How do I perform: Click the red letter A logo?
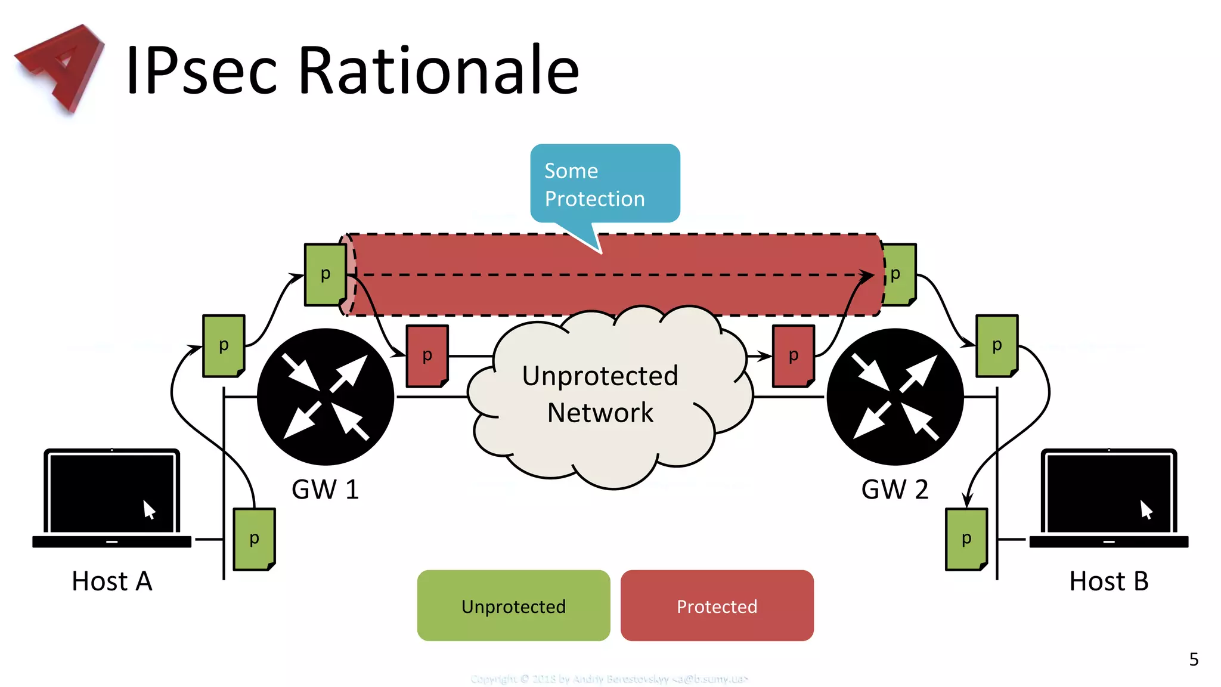click(60, 67)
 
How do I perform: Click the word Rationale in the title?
click(438, 70)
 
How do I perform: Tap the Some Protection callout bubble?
click(605, 184)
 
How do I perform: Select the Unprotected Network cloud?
click(602, 397)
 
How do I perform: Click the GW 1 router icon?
click(326, 397)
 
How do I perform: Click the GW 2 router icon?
click(895, 397)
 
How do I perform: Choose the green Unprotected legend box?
click(513, 605)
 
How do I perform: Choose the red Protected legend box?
click(717, 605)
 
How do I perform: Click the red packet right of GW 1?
click(427, 356)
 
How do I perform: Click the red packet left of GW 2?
click(793, 356)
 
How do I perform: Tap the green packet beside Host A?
click(254, 539)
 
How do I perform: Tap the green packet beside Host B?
click(966, 539)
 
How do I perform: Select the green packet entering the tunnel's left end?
click(325, 274)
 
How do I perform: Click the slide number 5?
click(1194, 659)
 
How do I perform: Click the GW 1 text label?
click(325, 490)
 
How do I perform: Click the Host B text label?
click(1108, 581)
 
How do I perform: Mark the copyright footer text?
click(609, 679)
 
